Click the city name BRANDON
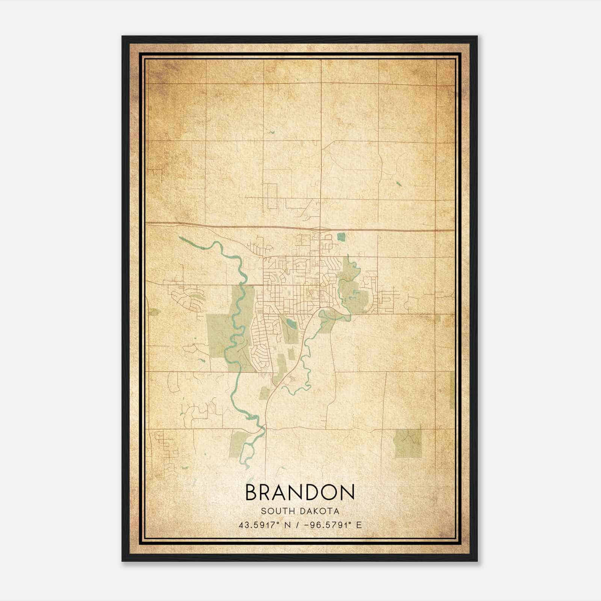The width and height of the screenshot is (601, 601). tap(300, 492)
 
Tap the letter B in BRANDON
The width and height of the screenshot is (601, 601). tap(252, 492)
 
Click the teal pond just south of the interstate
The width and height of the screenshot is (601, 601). tap(341, 237)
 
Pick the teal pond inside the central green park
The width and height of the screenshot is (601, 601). tap(290, 323)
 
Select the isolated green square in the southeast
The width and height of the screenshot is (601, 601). tap(408, 444)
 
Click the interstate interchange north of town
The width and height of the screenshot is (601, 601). tap(320, 228)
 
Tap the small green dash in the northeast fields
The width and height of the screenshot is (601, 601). tap(398, 184)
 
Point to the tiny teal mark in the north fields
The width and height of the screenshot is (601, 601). tap(272, 132)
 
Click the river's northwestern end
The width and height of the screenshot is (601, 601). tap(180, 237)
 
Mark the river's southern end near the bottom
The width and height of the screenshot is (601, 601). tap(247, 467)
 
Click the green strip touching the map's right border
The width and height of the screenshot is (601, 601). tap(452, 391)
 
